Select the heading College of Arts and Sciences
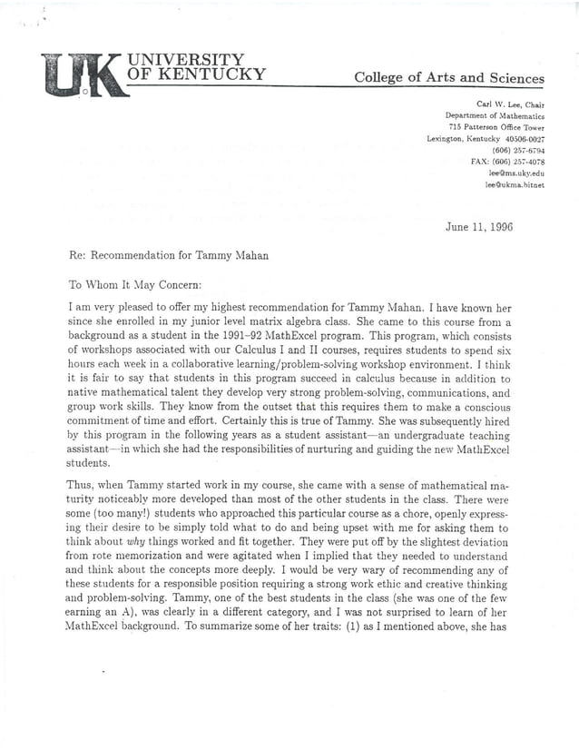coord(448,78)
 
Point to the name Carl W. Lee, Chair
coord(510,105)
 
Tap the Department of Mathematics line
coord(495,116)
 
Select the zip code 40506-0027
coord(520,139)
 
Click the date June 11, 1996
coord(479,227)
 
